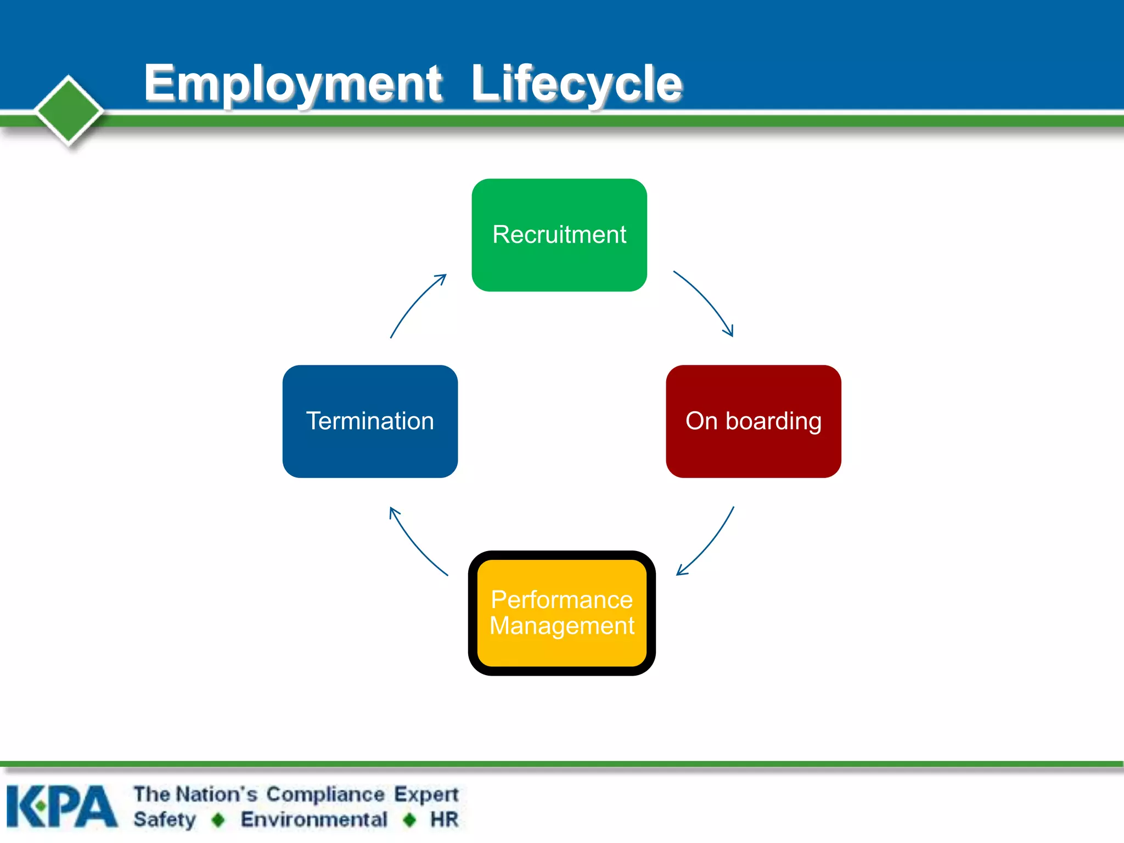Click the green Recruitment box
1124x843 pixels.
559,235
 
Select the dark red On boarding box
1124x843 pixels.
753,421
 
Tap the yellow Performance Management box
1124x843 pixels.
561,613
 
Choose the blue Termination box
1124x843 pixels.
370,421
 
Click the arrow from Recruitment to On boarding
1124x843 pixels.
706,301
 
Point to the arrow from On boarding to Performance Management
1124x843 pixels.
708,543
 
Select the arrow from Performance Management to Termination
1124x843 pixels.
415,543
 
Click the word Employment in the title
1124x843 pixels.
293,83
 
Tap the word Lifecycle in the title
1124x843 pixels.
576,83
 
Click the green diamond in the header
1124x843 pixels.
69,110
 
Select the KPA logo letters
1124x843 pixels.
61,806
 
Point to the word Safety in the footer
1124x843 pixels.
165,819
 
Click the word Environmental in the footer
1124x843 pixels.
314,819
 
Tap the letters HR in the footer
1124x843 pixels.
444,819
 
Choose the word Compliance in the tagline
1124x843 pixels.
325,794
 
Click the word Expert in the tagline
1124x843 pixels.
426,794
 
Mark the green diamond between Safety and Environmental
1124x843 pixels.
218,820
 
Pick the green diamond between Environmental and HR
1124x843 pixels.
409,820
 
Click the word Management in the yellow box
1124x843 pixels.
562,626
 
